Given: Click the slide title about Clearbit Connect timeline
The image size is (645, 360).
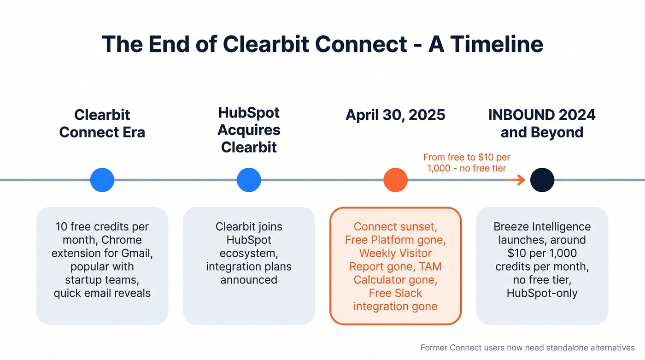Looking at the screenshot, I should tap(322, 44).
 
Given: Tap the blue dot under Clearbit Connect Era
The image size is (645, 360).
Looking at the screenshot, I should tap(102, 180).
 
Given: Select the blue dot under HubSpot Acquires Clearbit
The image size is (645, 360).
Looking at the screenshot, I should tap(249, 180).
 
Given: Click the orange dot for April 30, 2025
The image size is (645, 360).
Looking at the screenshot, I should tap(395, 180).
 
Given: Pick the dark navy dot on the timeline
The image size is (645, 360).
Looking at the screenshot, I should tap(542, 180).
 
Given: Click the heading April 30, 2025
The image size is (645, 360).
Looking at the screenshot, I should tap(395, 114).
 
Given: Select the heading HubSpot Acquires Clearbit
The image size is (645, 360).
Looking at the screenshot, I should tap(249, 130).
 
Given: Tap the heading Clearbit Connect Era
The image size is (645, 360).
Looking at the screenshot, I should tap(102, 123).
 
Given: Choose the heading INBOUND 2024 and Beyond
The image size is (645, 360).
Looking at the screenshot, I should tap(542, 123).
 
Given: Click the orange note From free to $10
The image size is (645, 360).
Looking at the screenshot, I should tap(467, 163).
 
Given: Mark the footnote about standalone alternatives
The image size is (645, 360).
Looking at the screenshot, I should tap(528, 348).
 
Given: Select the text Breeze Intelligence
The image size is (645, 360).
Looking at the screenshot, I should tap(542, 227).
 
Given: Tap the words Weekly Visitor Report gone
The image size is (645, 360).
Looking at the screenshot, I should tap(395, 260).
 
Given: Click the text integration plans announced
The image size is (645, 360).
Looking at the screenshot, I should tap(249, 273).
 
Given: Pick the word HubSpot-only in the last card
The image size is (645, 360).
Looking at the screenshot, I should tap(542, 293).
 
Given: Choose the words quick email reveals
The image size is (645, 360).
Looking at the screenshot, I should tap(102, 293).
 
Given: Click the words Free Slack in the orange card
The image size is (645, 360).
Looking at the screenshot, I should tap(395, 293).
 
